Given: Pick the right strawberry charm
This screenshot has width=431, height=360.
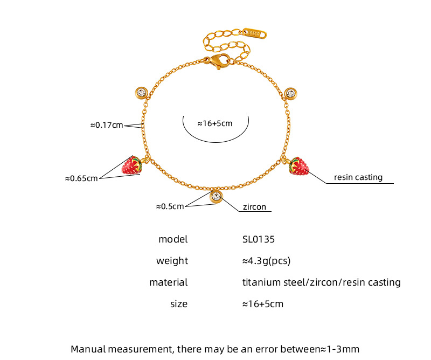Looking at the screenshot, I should coord(299,167).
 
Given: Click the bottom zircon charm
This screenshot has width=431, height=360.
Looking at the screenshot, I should coord(217,197).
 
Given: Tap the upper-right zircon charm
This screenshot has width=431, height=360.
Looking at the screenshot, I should coord(291,93).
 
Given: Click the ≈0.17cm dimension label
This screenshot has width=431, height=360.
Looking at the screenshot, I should coord(106,125).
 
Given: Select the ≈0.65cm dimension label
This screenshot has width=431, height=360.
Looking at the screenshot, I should coord(81,178).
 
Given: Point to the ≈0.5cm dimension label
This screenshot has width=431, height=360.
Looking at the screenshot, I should coord(170,205).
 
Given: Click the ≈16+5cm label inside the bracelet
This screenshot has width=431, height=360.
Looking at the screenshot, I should coord(214,123).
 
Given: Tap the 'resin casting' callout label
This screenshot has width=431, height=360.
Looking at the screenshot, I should coord(358,177).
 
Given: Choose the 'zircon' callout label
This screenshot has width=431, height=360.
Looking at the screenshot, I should coord(254,206).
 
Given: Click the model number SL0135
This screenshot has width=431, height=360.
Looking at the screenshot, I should coord(262,239).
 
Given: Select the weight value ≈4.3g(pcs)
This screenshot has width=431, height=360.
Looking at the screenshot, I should coord(267,261).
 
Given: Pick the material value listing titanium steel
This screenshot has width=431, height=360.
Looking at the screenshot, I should coord(322,282).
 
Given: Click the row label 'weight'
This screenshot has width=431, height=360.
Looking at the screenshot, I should coord(172,261).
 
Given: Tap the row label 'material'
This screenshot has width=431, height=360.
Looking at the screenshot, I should coord(169,282).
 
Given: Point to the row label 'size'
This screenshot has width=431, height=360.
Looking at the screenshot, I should coord(179,304).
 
